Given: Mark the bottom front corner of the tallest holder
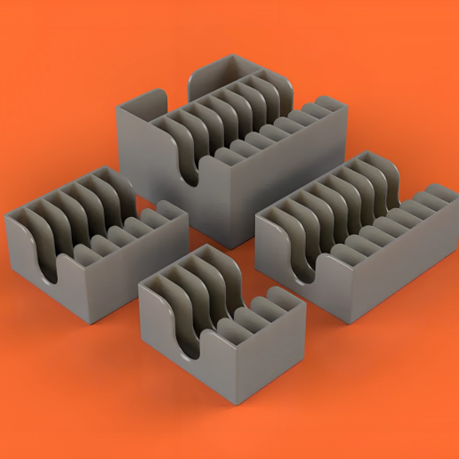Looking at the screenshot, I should tap(229, 246).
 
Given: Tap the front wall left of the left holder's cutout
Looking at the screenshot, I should tap(22, 254).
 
